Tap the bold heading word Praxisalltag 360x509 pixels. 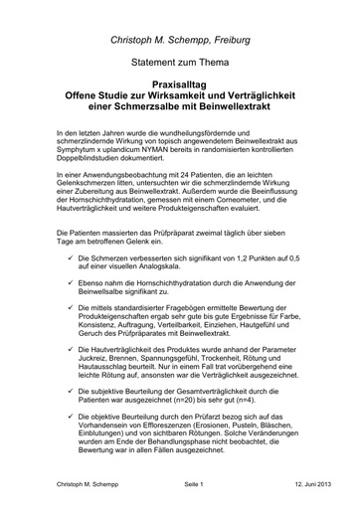tap(179, 87)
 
